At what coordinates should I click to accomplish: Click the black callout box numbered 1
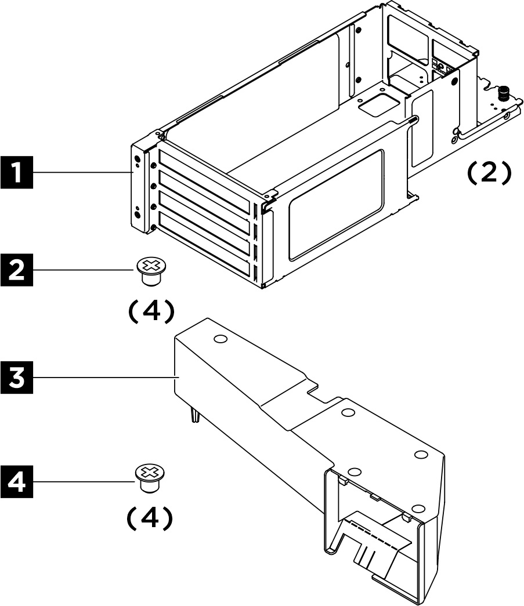point(17,173)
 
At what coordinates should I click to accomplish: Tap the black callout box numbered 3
point(17,377)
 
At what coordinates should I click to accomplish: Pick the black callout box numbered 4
point(17,482)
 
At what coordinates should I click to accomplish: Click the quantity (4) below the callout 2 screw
point(150,311)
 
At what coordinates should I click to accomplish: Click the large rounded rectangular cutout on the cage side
point(336,203)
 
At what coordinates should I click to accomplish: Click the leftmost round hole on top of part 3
point(219,339)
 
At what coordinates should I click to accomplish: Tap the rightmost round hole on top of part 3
point(421,454)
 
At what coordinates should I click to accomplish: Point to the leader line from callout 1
point(81,173)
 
